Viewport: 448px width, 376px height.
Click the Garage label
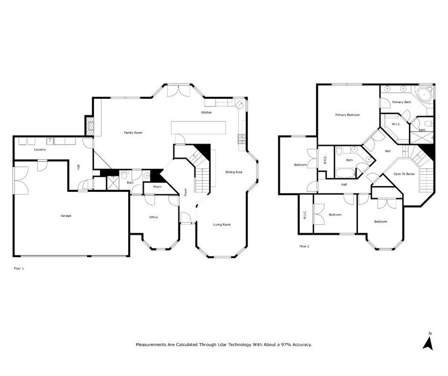(x=66, y=215)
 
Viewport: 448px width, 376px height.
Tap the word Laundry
(x=40, y=149)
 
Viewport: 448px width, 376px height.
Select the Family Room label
(x=133, y=133)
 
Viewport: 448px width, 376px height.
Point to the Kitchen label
(x=206, y=113)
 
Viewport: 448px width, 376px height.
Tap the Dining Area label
(x=234, y=172)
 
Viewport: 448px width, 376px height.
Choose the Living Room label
(x=222, y=225)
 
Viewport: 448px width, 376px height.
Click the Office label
(x=154, y=217)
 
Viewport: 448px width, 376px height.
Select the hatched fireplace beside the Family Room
(x=89, y=126)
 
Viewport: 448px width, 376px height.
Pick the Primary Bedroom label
(x=347, y=115)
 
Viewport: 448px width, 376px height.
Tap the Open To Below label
(x=404, y=174)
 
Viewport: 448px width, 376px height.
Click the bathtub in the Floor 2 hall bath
(x=345, y=173)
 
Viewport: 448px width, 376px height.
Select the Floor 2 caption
(x=304, y=246)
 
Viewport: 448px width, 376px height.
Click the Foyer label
(x=185, y=192)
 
